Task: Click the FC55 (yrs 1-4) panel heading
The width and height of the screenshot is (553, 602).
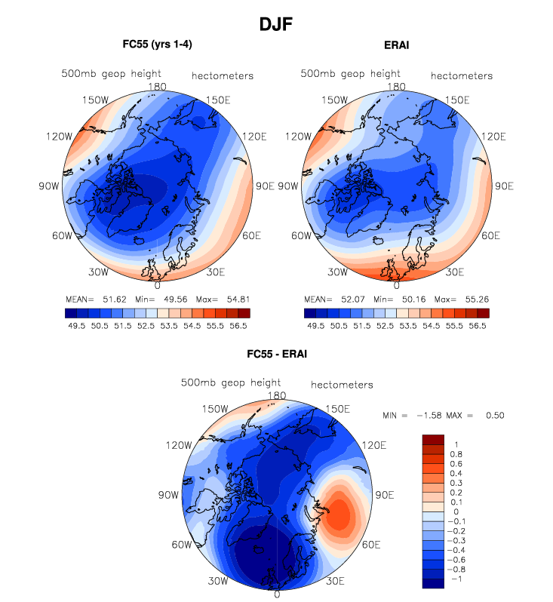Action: [x=157, y=45]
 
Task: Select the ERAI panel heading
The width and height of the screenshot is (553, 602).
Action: [x=396, y=45]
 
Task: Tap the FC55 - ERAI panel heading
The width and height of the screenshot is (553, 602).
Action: [x=276, y=353]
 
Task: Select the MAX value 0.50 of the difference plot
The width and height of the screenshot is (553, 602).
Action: [x=494, y=416]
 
